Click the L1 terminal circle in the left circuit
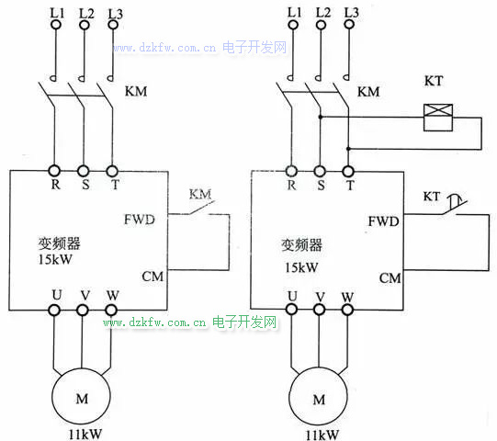click(x=56, y=25)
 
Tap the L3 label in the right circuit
click(x=352, y=12)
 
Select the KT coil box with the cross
click(x=438, y=118)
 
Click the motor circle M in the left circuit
click(x=82, y=397)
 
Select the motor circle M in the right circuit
click(x=318, y=397)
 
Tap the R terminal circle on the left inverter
click(x=54, y=171)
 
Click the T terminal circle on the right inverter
click(x=348, y=172)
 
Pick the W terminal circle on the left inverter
click(x=111, y=310)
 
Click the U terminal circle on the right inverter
click(x=291, y=309)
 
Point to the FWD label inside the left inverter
click(x=140, y=220)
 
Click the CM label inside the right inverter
click(x=390, y=278)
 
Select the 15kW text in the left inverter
click(x=55, y=259)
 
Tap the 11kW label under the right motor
click(x=322, y=435)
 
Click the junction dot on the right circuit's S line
click(x=320, y=117)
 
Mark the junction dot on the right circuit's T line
click(x=348, y=148)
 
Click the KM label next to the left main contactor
click(x=136, y=91)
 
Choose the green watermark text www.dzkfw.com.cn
click(x=154, y=323)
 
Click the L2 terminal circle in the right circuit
click(x=322, y=25)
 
